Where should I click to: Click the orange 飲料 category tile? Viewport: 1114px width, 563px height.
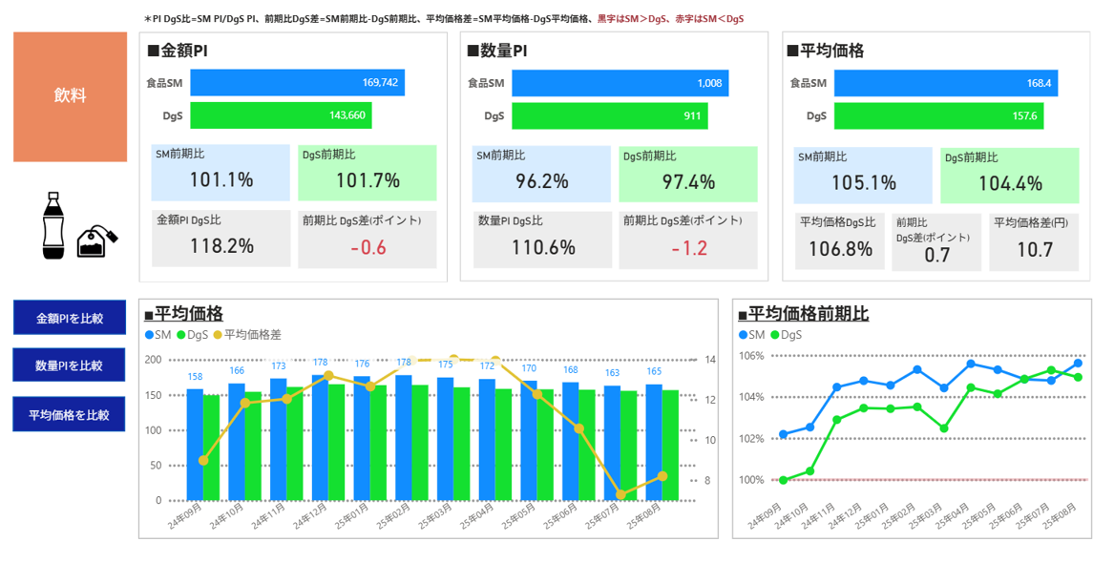[x=70, y=96]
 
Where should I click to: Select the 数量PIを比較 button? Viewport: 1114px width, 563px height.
[x=69, y=365]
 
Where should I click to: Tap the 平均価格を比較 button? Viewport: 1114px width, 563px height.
[x=69, y=415]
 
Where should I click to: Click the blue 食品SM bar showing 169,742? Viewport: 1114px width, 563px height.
[x=297, y=83]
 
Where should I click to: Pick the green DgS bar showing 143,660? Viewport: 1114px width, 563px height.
[x=281, y=115]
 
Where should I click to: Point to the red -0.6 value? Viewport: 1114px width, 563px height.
[x=368, y=247]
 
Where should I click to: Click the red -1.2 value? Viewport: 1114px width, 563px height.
[x=688, y=248]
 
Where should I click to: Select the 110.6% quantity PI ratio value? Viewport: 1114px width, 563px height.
[x=542, y=248]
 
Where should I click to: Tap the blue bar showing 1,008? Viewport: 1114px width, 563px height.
[x=620, y=83]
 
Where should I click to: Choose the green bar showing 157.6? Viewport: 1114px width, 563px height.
[x=938, y=116]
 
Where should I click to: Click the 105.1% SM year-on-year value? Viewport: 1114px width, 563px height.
[x=863, y=182]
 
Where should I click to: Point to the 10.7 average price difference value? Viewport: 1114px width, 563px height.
[x=1035, y=251]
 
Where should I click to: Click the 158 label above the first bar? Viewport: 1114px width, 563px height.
[x=195, y=377]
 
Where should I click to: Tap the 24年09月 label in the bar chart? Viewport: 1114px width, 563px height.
[x=185, y=516]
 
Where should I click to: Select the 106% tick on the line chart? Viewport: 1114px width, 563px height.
[x=752, y=356]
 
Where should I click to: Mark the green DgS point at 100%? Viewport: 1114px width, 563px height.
[x=784, y=480]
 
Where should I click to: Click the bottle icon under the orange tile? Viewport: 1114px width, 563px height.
[x=53, y=225]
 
